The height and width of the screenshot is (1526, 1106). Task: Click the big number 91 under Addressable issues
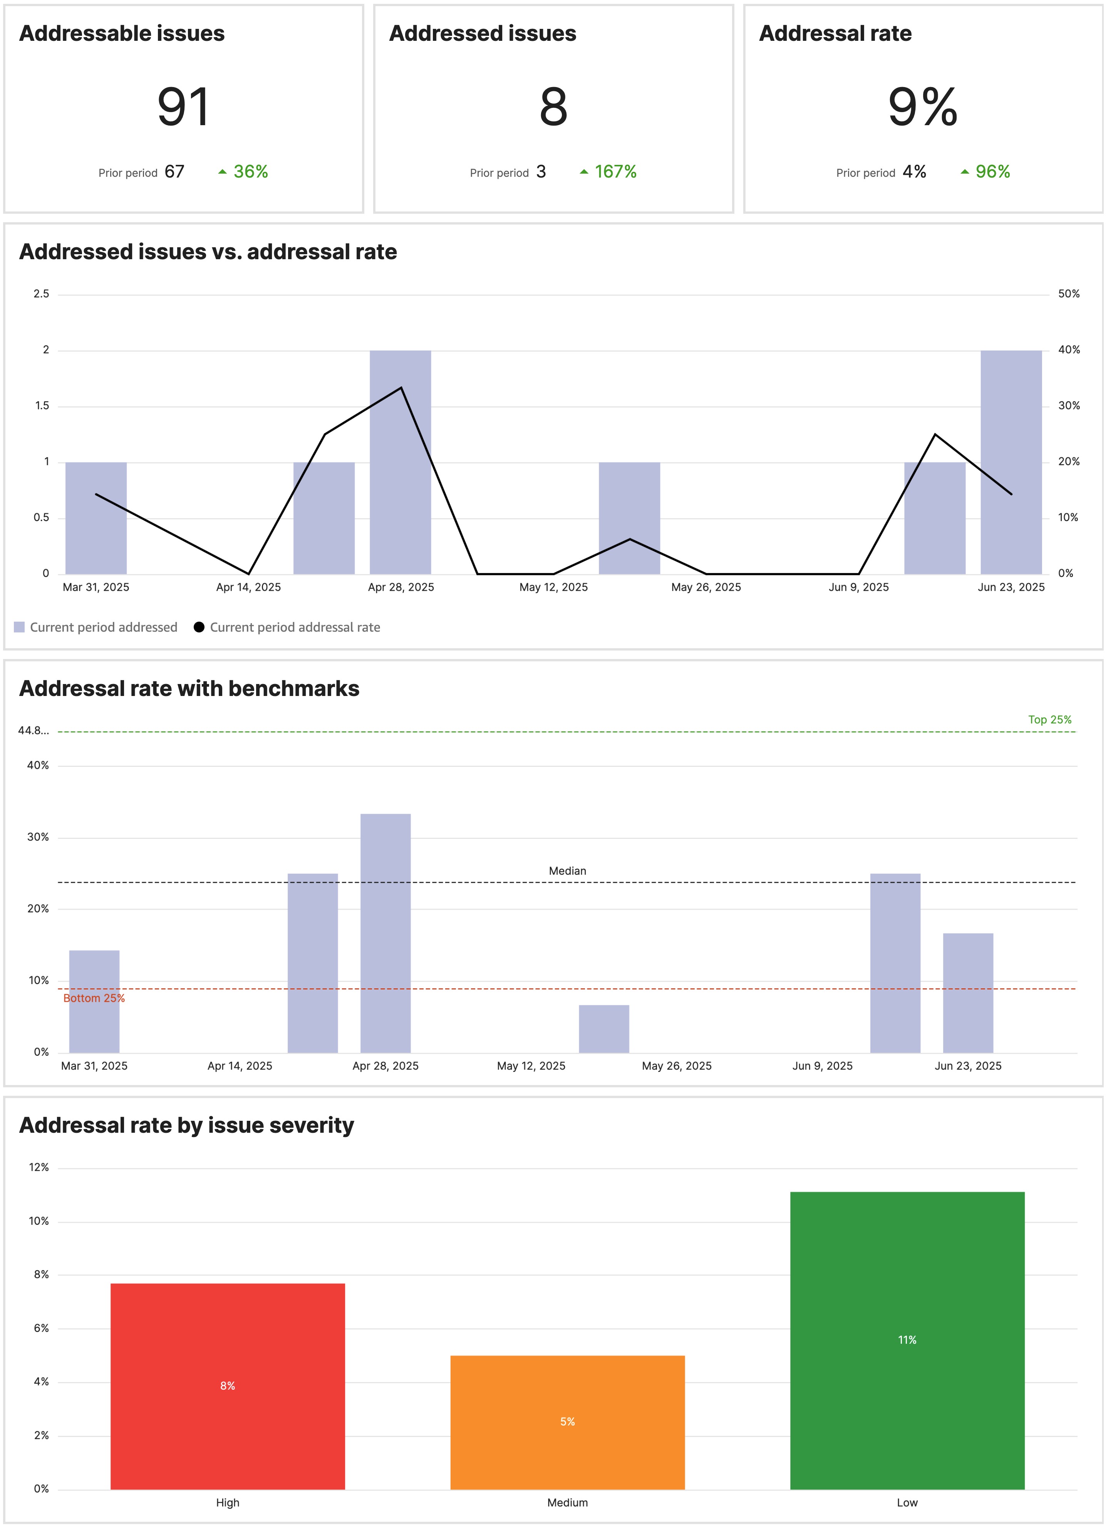pos(184,107)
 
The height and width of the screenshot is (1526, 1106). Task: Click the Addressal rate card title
pos(835,34)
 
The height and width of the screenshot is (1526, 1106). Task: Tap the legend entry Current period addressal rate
pos(294,627)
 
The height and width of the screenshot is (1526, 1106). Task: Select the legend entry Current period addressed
pos(103,627)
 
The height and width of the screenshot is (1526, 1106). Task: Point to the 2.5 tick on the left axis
pos(41,294)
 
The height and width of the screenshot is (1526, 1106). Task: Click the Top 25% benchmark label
pos(1049,719)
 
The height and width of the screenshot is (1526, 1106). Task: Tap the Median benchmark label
pos(567,871)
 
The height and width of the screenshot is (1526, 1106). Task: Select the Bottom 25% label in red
pos(94,998)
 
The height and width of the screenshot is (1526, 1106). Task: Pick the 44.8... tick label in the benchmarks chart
pos(33,731)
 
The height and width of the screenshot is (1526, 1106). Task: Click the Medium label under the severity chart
pos(567,1503)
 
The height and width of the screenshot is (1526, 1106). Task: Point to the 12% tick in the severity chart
pos(39,1167)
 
